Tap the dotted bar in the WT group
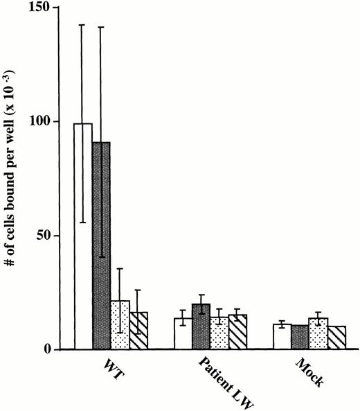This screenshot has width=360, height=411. (120, 325)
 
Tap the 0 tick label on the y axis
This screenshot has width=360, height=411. (51, 349)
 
